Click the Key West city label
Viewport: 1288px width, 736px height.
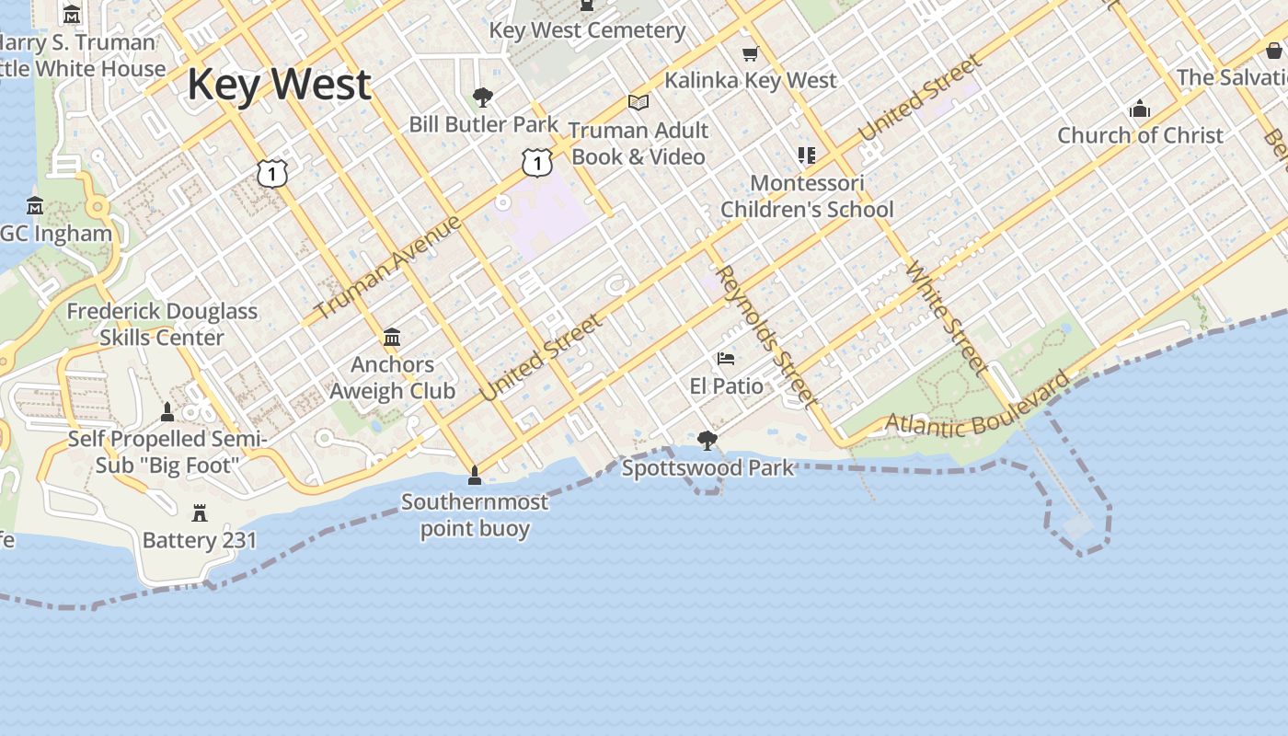[x=279, y=84]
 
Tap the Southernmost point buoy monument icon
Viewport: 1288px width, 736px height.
[x=475, y=476]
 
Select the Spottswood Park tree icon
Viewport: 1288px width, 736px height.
[x=707, y=441]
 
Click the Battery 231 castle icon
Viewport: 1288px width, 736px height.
[x=200, y=512]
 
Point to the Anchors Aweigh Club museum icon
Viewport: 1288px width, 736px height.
[x=392, y=337]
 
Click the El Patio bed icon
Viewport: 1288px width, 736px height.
[x=726, y=358]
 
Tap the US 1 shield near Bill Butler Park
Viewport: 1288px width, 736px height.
[x=536, y=162]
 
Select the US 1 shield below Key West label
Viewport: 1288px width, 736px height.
[x=272, y=172]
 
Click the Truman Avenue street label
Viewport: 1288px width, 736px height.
[x=387, y=268]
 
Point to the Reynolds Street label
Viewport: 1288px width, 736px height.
[x=765, y=336]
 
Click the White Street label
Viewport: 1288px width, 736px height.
[x=947, y=318]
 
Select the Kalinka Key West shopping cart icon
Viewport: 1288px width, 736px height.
[x=750, y=53]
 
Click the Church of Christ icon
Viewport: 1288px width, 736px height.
[x=1140, y=109]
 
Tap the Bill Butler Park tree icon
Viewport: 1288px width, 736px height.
[x=482, y=97]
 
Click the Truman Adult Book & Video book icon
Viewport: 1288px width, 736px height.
[x=638, y=103]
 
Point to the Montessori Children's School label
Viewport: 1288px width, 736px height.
[x=807, y=196]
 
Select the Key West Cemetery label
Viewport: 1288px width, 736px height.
[x=587, y=30]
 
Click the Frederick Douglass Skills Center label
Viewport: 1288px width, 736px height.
[x=162, y=324]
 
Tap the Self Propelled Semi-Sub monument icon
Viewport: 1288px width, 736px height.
[x=167, y=411]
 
